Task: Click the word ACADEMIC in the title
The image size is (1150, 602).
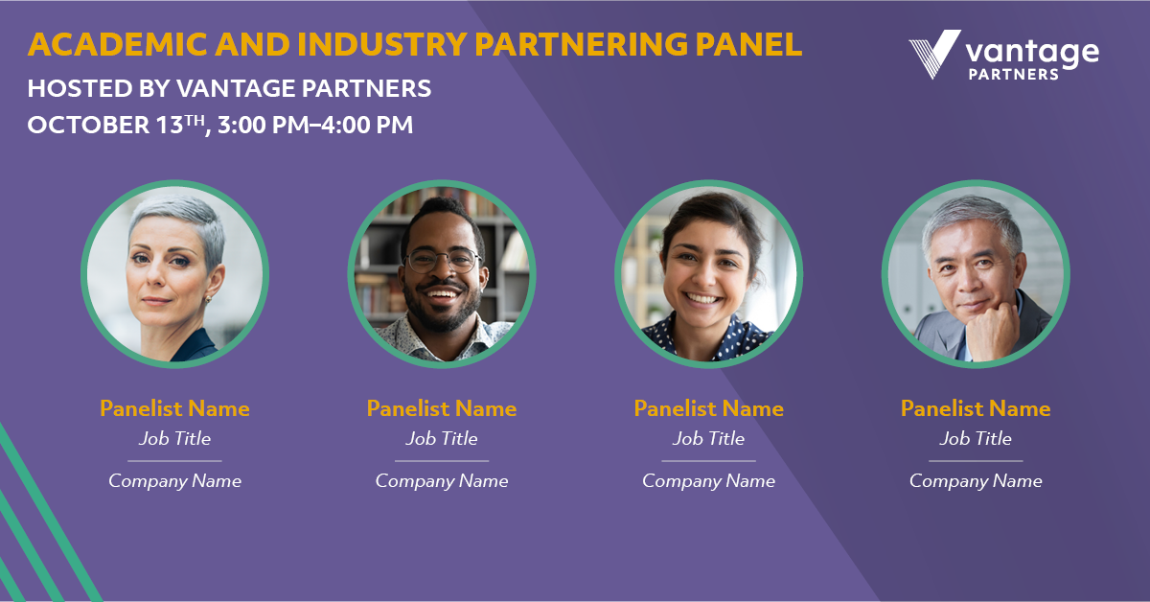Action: click(x=118, y=44)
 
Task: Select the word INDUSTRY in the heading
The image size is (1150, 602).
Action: click(x=382, y=44)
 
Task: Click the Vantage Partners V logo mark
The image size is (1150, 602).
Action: click(x=934, y=54)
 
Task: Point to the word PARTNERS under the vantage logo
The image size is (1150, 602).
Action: click(x=1014, y=75)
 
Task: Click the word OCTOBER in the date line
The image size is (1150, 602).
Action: click(x=88, y=126)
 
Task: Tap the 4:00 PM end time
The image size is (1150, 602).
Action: click(x=367, y=126)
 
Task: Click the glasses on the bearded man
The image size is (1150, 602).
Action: click(x=443, y=261)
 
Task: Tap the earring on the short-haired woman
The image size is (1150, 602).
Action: click(x=209, y=298)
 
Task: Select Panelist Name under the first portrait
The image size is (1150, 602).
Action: click(x=175, y=409)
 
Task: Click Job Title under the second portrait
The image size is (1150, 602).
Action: click(x=442, y=438)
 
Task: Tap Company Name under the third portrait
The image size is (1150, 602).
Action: click(x=708, y=481)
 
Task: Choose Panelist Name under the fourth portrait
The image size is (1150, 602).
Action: click(x=976, y=409)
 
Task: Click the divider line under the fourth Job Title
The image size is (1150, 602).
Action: click(x=976, y=461)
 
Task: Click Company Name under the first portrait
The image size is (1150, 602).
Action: click(x=175, y=481)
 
